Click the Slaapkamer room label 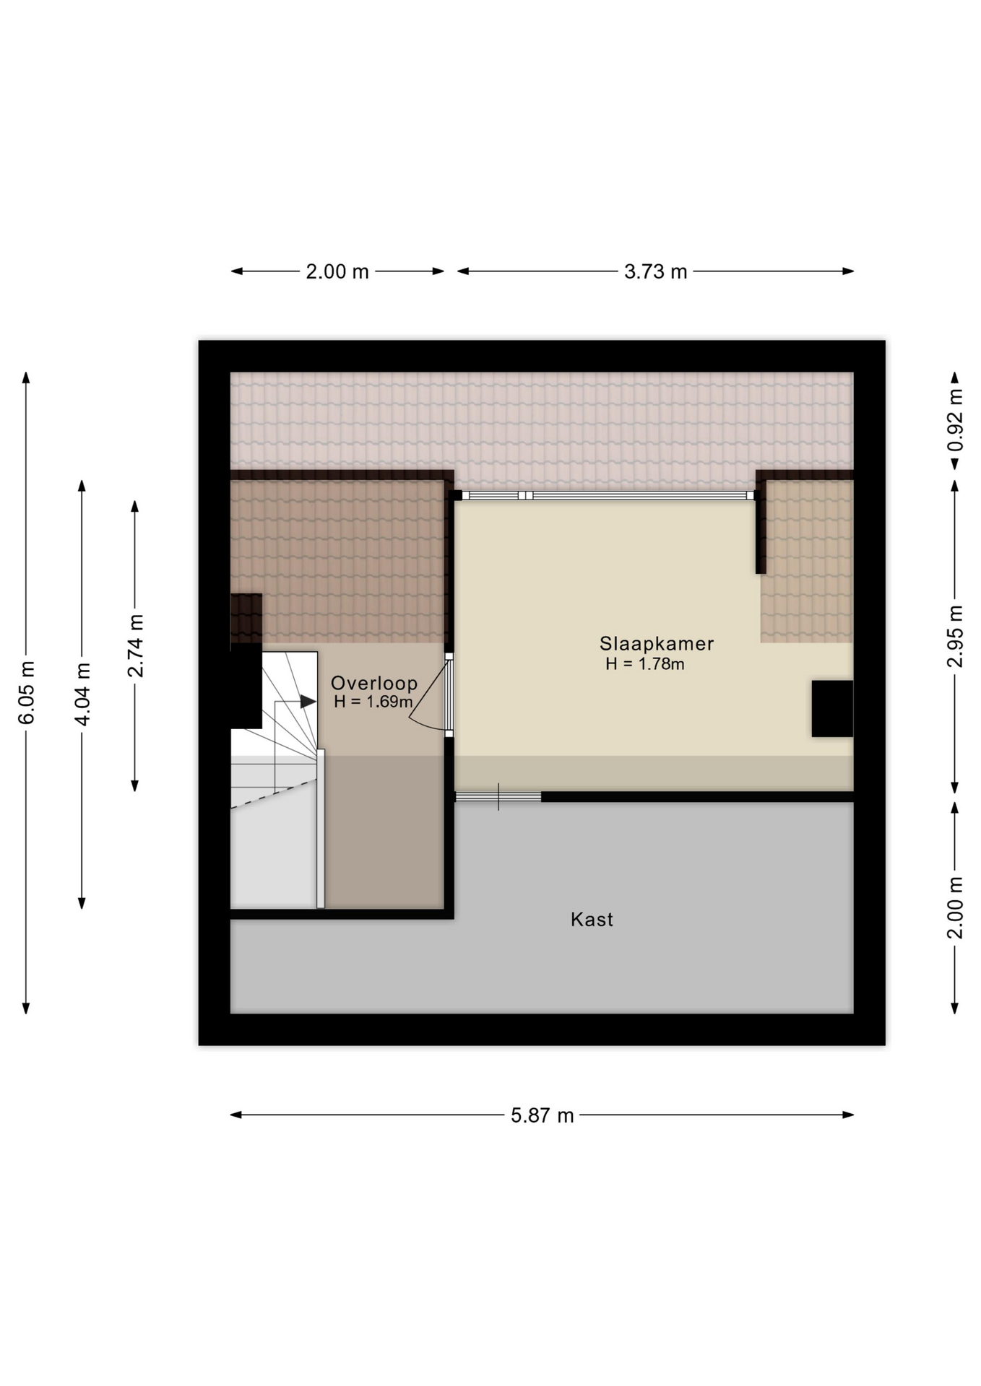[x=656, y=643]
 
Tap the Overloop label [x=374, y=683]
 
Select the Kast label [x=592, y=919]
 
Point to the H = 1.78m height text [x=644, y=663]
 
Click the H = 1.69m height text [x=373, y=702]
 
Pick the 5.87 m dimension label [x=542, y=1115]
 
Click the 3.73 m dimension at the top [x=655, y=271]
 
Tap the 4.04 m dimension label [x=82, y=694]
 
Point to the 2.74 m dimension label [x=135, y=646]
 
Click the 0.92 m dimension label [x=955, y=420]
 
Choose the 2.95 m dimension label [x=955, y=636]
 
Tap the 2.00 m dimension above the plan [x=337, y=271]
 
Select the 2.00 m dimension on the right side [x=955, y=907]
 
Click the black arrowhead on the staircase [x=308, y=701]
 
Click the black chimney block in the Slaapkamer [x=832, y=708]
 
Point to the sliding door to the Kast [x=498, y=796]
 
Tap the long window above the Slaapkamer [x=607, y=495]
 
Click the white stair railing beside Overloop [x=321, y=829]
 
